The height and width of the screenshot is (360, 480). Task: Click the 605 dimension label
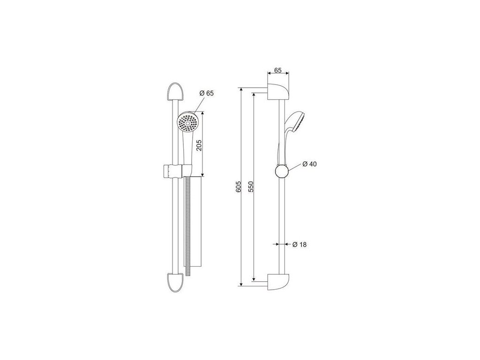tap(239, 187)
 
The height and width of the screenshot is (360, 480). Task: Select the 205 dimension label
tap(199, 145)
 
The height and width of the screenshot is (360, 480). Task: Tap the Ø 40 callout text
tap(309, 164)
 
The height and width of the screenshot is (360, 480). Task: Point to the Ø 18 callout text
tap(300, 245)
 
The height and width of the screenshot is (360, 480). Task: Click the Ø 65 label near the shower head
tap(207, 93)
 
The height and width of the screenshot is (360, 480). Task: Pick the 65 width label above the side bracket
tap(277, 70)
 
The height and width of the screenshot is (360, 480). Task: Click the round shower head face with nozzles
tap(188, 122)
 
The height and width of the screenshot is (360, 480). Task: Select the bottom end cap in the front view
tap(176, 282)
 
